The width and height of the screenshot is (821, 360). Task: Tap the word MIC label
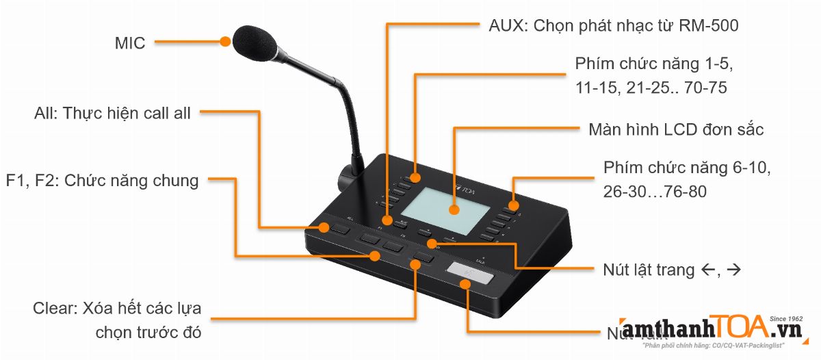click(x=130, y=44)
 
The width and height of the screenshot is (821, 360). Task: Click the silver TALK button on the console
click(x=471, y=276)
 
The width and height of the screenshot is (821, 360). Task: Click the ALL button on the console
click(x=338, y=229)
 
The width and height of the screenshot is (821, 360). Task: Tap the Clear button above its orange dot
click(x=423, y=258)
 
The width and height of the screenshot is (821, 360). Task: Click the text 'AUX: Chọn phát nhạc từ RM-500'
click(x=613, y=26)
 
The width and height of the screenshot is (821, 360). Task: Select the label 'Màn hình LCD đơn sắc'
click(x=676, y=130)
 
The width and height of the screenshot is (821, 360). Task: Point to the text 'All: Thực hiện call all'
click(x=113, y=113)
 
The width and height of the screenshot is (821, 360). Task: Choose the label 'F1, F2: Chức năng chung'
click(x=102, y=181)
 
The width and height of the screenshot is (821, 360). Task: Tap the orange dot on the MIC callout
click(x=226, y=42)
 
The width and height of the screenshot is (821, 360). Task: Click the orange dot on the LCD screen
click(x=453, y=209)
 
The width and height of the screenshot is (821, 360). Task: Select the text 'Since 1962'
click(x=785, y=319)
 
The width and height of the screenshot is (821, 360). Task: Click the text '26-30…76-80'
click(x=655, y=193)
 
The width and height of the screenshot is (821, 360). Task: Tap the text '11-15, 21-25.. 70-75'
click(x=651, y=88)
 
